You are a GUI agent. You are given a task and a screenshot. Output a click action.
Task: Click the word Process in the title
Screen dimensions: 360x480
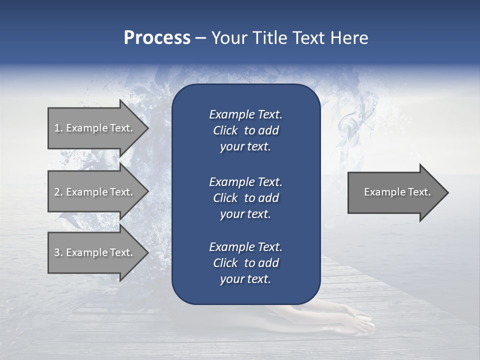[x=157, y=38]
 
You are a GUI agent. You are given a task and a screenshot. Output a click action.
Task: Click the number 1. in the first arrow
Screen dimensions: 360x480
[x=58, y=128]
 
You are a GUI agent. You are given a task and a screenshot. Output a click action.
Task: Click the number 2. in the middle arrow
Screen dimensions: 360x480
[x=58, y=192]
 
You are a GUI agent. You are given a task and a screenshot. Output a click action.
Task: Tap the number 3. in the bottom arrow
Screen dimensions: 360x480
[x=58, y=252]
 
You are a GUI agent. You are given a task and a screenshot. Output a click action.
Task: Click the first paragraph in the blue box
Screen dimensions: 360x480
[x=245, y=130]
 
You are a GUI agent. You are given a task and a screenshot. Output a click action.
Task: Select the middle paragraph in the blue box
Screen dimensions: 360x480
[x=245, y=197]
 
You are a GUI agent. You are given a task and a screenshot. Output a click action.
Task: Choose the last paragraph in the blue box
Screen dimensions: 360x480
[x=245, y=263]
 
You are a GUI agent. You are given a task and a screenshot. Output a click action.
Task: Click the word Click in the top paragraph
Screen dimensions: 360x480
[x=225, y=130]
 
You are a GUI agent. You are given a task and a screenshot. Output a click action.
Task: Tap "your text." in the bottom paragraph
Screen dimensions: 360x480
[x=245, y=279]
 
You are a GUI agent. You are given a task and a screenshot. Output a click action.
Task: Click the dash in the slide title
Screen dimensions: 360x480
[x=200, y=38]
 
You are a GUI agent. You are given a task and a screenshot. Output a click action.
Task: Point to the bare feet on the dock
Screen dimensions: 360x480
[x=350, y=320]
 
